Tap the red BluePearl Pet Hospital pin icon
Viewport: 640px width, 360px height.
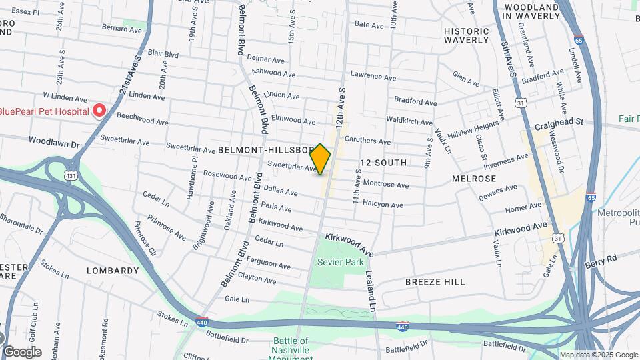(x=99, y=110)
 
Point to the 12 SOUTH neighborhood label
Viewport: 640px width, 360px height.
(x=383, y=163)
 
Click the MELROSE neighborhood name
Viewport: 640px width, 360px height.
(x=474, y=179)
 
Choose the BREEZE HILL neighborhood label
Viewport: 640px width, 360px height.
(x=435, y=282)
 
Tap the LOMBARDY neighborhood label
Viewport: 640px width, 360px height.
(x=113, y=271)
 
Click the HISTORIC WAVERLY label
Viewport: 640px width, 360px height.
(x=467, y=35)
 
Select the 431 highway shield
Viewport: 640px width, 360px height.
(x=69, y=175)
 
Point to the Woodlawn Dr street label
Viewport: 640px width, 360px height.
(x=54, y=142)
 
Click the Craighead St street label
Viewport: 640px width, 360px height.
(x=559, y=123)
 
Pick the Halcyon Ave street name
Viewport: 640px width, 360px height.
(x=383, y=205)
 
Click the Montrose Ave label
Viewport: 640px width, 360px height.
(x=385, y=184)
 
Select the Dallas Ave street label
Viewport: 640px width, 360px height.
(x=282, y=191)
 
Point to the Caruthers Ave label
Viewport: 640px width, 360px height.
(x=368, y=141)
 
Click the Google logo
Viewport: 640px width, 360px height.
(x=22, y=351)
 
